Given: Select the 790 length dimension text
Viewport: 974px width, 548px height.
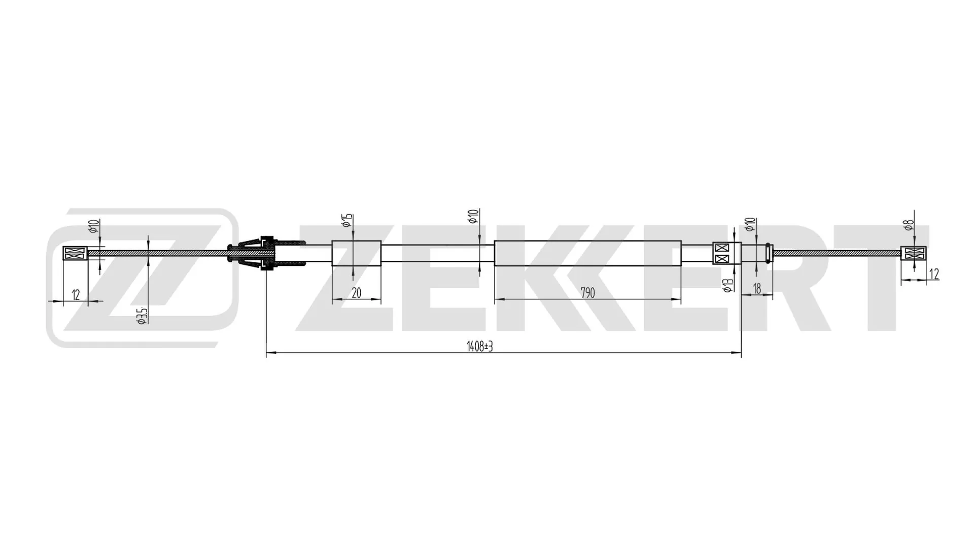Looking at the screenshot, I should pyautogui.click(x=587, y=293).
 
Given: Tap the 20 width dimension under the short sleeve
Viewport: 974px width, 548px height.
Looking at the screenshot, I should pyautogui.click(x=356, y=293).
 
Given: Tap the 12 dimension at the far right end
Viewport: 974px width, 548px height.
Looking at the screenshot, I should pyautogui.click(x=934, y=275).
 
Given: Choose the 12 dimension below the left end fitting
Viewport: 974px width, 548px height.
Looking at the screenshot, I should pyautogui.click(x=76, y=295).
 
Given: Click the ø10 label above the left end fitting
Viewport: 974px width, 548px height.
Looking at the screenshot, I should pyautogui.click(x=93, y=226).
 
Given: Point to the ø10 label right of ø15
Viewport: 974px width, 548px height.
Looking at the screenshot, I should pyautogui.click(x=473, y=217).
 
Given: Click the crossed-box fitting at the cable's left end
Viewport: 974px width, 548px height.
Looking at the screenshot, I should pyautogui.click(x=75, y=253).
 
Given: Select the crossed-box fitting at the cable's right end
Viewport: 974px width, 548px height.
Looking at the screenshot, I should pyautogui.click(x=913, y=253).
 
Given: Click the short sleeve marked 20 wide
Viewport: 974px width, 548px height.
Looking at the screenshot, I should pyautogui.click(x=356, y=253).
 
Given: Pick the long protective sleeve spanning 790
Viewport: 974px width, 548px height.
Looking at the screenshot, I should pyautogui.click(x=587, y=253).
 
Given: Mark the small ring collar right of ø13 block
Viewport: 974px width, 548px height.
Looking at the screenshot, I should pyautogui.click(x=769, y=253).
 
